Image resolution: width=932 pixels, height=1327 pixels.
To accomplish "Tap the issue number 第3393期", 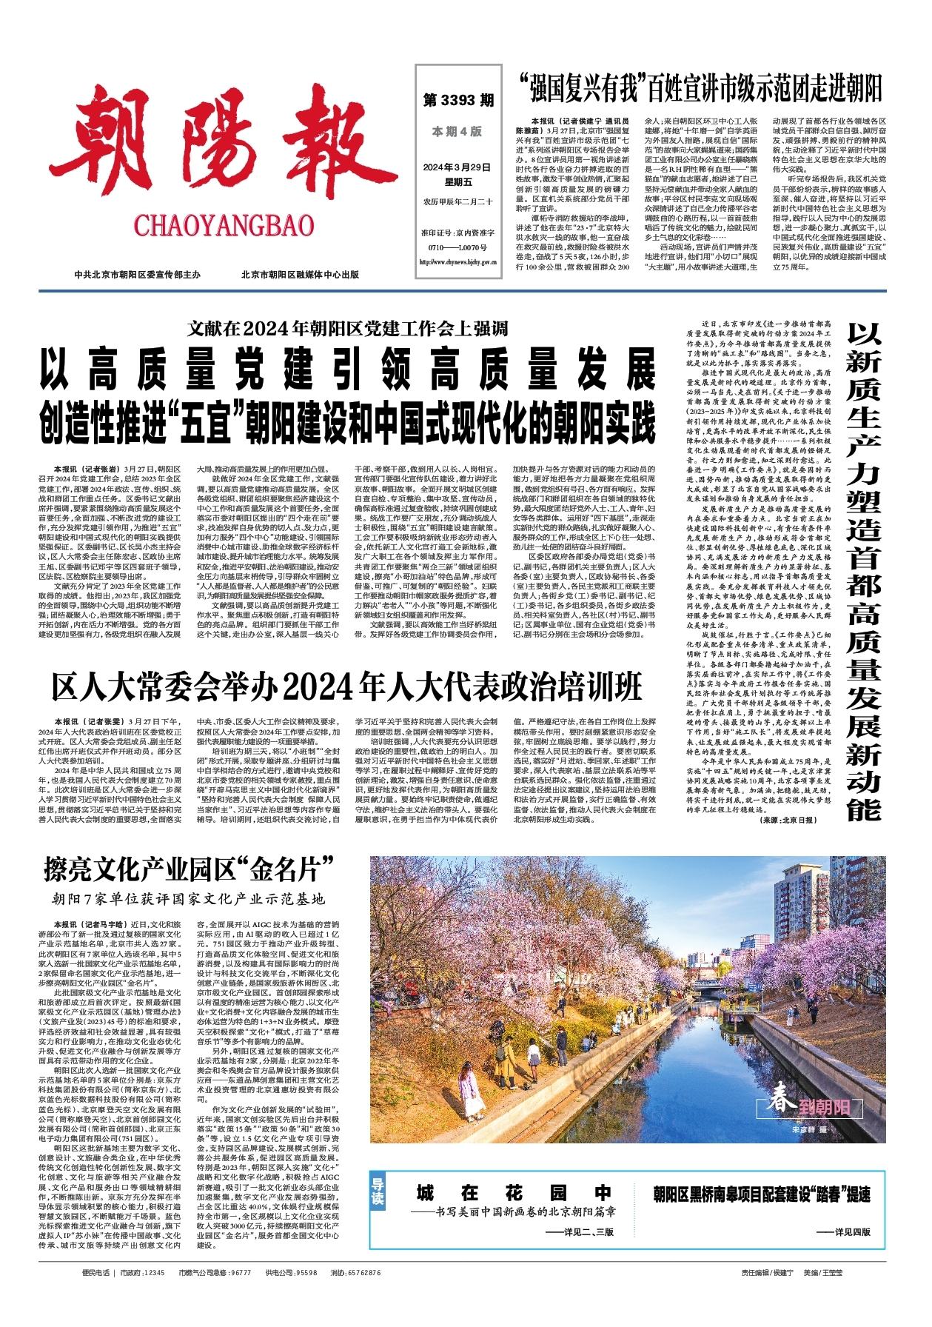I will click(458, 101).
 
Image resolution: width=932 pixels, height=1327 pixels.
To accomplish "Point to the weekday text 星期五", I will click(457, 182).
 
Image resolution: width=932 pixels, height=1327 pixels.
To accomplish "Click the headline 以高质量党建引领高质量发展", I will click(347, 370).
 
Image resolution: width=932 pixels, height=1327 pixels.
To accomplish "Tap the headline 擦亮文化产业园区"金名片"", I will click(189, 869).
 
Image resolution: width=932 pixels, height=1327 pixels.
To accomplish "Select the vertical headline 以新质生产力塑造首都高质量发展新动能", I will click(864, 570).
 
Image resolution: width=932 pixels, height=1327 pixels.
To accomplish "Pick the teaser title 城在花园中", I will click(514, 1193).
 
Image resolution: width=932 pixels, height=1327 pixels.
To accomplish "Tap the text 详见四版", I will click(843, 1232).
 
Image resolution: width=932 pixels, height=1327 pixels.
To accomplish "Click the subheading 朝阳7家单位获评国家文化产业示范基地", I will click(188, 899).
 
